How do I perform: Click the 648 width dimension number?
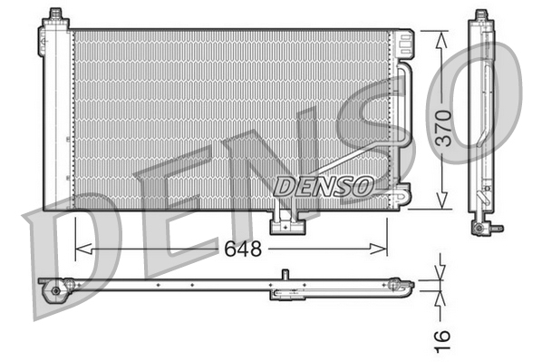(243, 249)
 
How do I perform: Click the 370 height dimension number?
(443, 128)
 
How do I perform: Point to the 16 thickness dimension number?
(442, 341)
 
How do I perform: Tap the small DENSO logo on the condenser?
(324, 186)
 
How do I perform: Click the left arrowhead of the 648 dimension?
(83, 249)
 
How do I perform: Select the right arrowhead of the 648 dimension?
(379, 249)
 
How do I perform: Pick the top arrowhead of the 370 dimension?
(440, 39)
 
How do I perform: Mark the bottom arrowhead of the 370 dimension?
(441, 201)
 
